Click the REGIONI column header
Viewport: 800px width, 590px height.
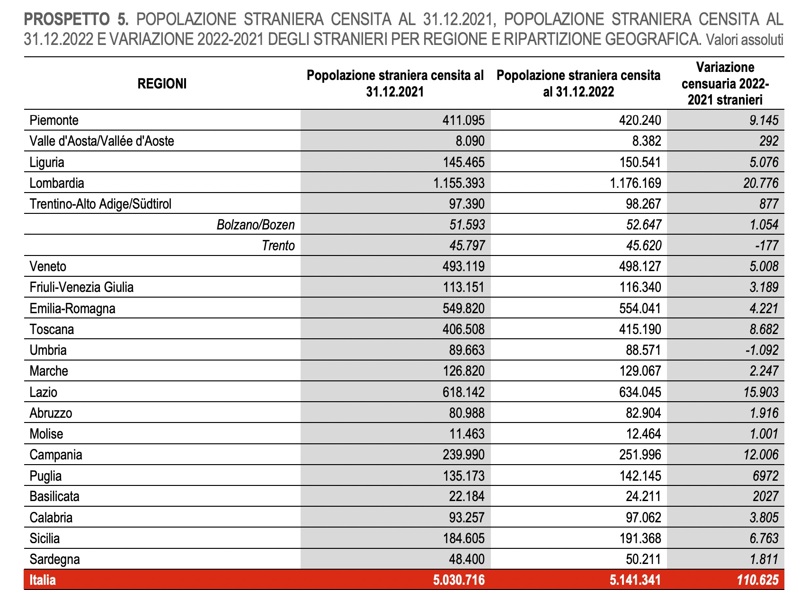pos(162,84)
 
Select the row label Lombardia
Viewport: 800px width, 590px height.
pos(57,183)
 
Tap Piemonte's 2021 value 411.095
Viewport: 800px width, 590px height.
pos(463,120)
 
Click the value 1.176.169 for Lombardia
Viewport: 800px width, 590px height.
pos(635,183)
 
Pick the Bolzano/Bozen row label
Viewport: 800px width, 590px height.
pos(256,225)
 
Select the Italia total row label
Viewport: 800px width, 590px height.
pos(43,580)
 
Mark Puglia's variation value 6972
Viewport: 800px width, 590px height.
pos(765,476)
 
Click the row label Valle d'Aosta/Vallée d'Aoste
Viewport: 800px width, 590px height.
pos(102,141)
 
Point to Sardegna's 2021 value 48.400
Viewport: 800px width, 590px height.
pos(467,559)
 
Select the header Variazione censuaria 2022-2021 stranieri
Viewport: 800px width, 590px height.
pos(725,84)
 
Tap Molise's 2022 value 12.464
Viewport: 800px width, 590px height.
pos(643,434)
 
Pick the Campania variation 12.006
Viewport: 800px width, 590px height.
pos(761,455)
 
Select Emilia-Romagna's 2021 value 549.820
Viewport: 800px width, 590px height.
pos(463,308)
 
